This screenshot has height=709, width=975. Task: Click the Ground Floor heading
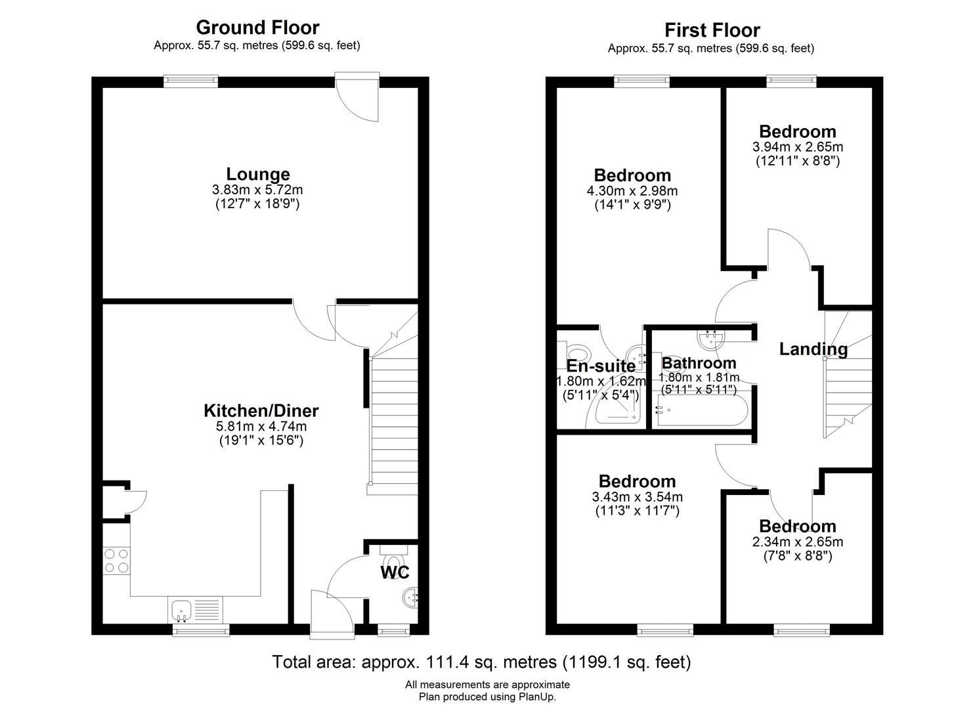[257, 28]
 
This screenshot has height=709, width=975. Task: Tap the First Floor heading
[712, 30]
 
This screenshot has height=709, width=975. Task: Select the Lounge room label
[258, 174]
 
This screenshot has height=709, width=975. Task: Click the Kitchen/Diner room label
[261, 410]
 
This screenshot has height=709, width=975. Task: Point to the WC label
[395, 572]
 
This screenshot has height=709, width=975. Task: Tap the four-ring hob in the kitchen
[117, 561]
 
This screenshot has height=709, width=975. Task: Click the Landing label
[813, 349]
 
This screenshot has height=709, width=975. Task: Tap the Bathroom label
[699, 363]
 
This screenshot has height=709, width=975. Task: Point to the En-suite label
[601, 366]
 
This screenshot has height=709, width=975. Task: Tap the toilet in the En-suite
[573, 352]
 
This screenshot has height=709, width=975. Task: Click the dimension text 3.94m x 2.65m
[798, 146]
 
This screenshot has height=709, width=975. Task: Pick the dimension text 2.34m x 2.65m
[798, 542]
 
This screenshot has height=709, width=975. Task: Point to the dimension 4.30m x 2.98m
[632, 190]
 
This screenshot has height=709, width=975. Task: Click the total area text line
[481, 662]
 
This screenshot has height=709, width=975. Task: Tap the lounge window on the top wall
[190, 81]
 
